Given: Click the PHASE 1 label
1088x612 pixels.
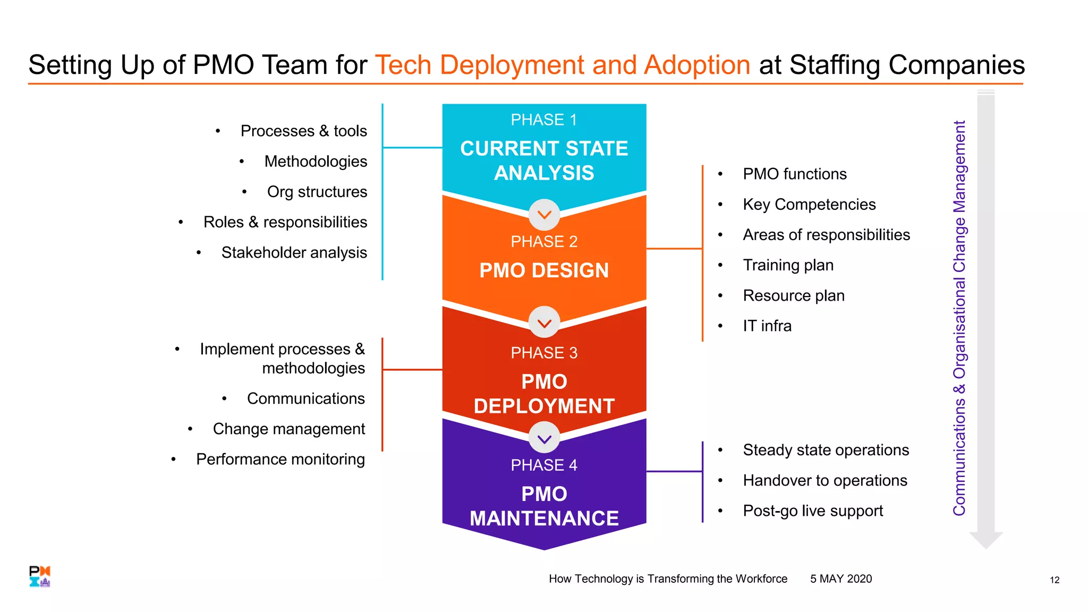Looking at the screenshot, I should click(x=543, y=120).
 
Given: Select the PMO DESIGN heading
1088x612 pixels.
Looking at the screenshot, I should click(x=544, y=270).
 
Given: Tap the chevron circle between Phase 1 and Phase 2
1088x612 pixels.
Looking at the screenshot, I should click(x=545, y=215).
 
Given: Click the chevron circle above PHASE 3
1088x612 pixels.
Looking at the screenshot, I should click(x=545, y=322).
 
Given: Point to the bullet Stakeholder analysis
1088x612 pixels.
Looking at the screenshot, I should click(x=294, y=253).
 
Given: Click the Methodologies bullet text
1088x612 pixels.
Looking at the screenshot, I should click(x=316, y=161).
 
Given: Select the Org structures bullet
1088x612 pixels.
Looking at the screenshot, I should click(x=317, y=192).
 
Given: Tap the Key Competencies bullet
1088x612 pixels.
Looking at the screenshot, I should click(x=809, y=205).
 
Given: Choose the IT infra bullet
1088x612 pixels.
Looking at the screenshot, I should click(x=767, y=326).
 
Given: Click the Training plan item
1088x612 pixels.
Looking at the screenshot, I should click(x=788, y=265).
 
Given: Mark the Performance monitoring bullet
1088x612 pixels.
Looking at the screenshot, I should click(x=280, y=460).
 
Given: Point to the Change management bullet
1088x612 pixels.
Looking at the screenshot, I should click(x=288, y=429).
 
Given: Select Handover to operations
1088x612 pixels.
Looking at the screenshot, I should click(x=824, y=481).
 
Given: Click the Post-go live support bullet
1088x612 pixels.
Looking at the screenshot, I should click(x=812, y=511).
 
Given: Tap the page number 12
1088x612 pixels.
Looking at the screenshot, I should click(x=1055, y=580).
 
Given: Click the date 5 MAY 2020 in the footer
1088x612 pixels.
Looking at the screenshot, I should click(x=841, y=579).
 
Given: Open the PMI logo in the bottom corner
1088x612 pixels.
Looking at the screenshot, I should click(x=40, y=576).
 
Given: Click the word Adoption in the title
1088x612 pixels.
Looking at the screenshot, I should click(x=696, y=65).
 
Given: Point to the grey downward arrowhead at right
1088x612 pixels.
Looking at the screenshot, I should click(x=986, y=540).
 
